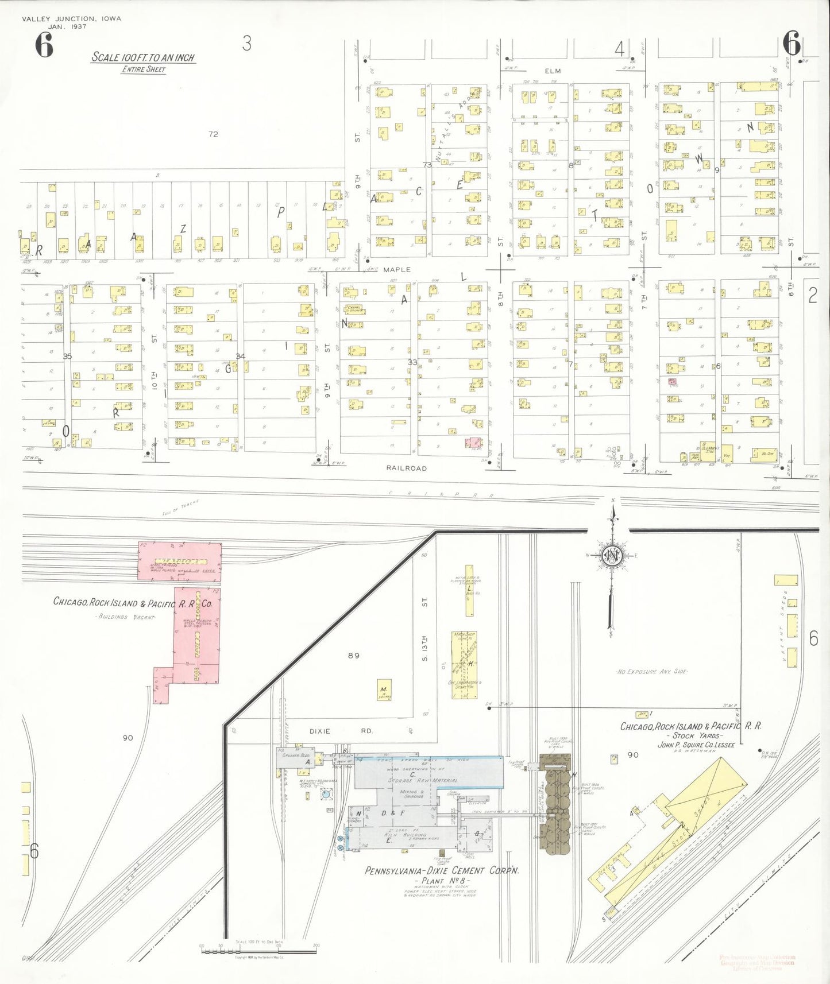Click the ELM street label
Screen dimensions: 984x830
tap(553, 71)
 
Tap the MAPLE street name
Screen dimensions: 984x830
tap(397, 269)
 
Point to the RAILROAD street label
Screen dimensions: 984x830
tap(406, 468)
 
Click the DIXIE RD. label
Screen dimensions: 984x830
tap(341, 731)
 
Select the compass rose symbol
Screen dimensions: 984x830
tap(612, 555)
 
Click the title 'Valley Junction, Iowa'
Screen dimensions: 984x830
tap(71, 18)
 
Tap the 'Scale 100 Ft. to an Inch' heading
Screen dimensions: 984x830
tap(143, 57)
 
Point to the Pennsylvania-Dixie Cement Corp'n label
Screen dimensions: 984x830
tap(442, 870)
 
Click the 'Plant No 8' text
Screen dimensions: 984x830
tap(442, 881)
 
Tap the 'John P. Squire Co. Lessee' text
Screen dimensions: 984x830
tap(696, 745)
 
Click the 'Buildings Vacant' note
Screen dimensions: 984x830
tap(125, 617)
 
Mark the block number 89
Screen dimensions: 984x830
tap(353, 655)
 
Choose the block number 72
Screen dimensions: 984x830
tap(213, 134)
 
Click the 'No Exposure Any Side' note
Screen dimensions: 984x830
tap(652, 671)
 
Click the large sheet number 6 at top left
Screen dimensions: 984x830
tap(44, 45)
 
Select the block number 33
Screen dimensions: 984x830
tap(412, 362)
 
